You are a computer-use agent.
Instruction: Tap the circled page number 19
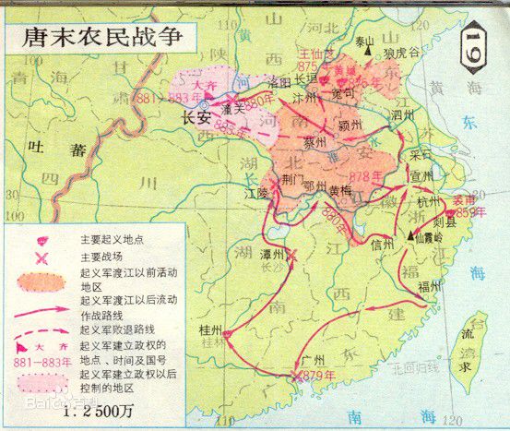click(x=474, y=42)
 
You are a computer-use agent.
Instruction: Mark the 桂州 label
click(x=210, y=329)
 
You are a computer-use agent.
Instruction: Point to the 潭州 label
click(x=271, y=226)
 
